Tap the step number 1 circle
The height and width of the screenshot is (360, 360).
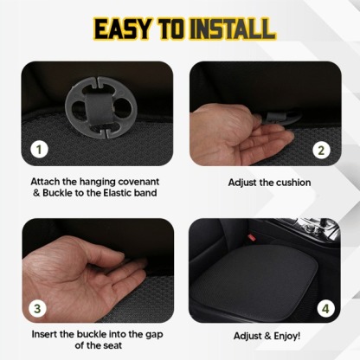(x=38, y=149)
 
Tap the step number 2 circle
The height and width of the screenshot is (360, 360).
(x=322, y=149)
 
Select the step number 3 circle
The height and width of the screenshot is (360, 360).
(x=38, y=306)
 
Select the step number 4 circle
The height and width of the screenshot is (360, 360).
(x=322, y=306)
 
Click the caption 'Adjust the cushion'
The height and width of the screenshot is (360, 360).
(x=269, y=183)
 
